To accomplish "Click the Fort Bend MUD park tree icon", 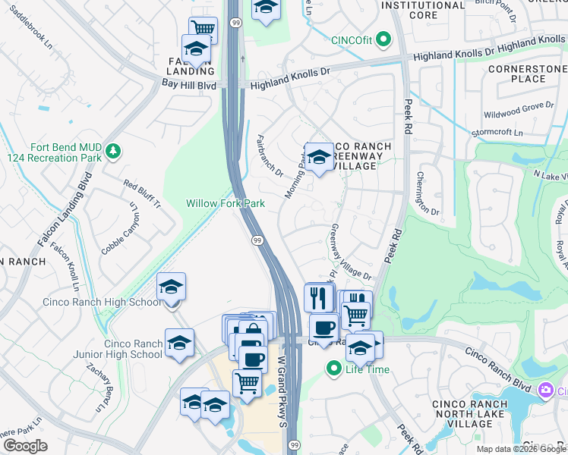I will coord(113,152).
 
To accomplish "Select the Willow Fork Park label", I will coord(226,203).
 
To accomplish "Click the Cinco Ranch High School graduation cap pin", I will coord(172,288).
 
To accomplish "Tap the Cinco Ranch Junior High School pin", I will coord(180,343).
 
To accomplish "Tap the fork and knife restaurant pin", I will coord(319,297).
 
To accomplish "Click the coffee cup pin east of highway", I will coord(323,328).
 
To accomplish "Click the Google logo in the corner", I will coord(25,446).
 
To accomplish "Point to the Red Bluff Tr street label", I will coord(142,195).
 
